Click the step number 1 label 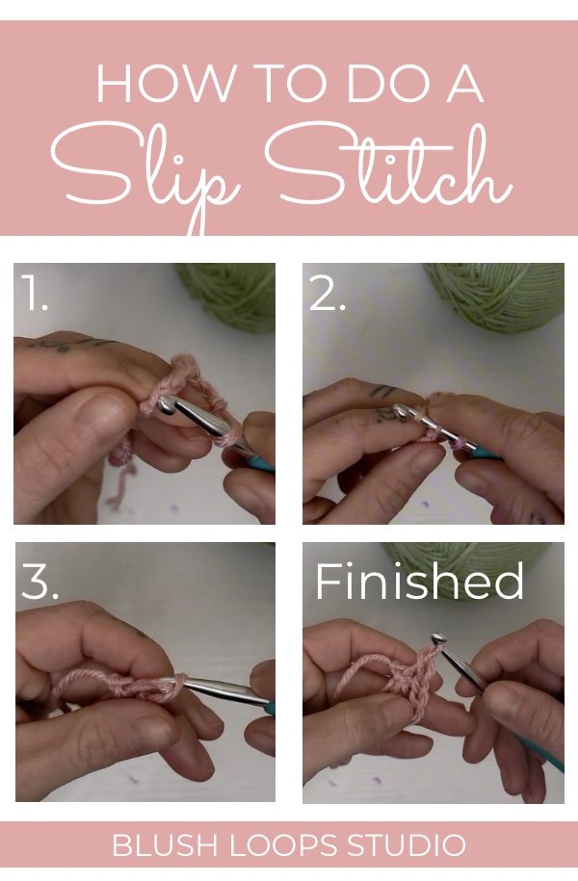tap(35, 292)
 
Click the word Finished tap(419, 581)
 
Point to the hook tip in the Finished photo tap(439, 639)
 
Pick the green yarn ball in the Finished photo tap(469, 573)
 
